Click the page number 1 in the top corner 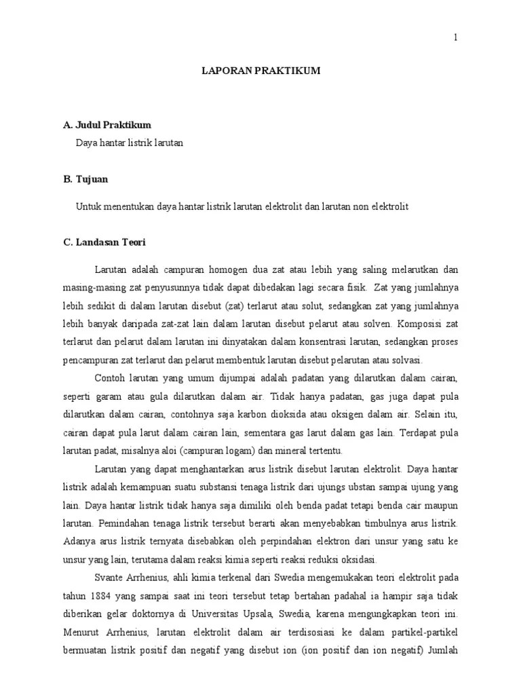tap(456, 38)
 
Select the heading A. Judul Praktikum tap(107, 125)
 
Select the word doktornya tap(161, 615)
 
